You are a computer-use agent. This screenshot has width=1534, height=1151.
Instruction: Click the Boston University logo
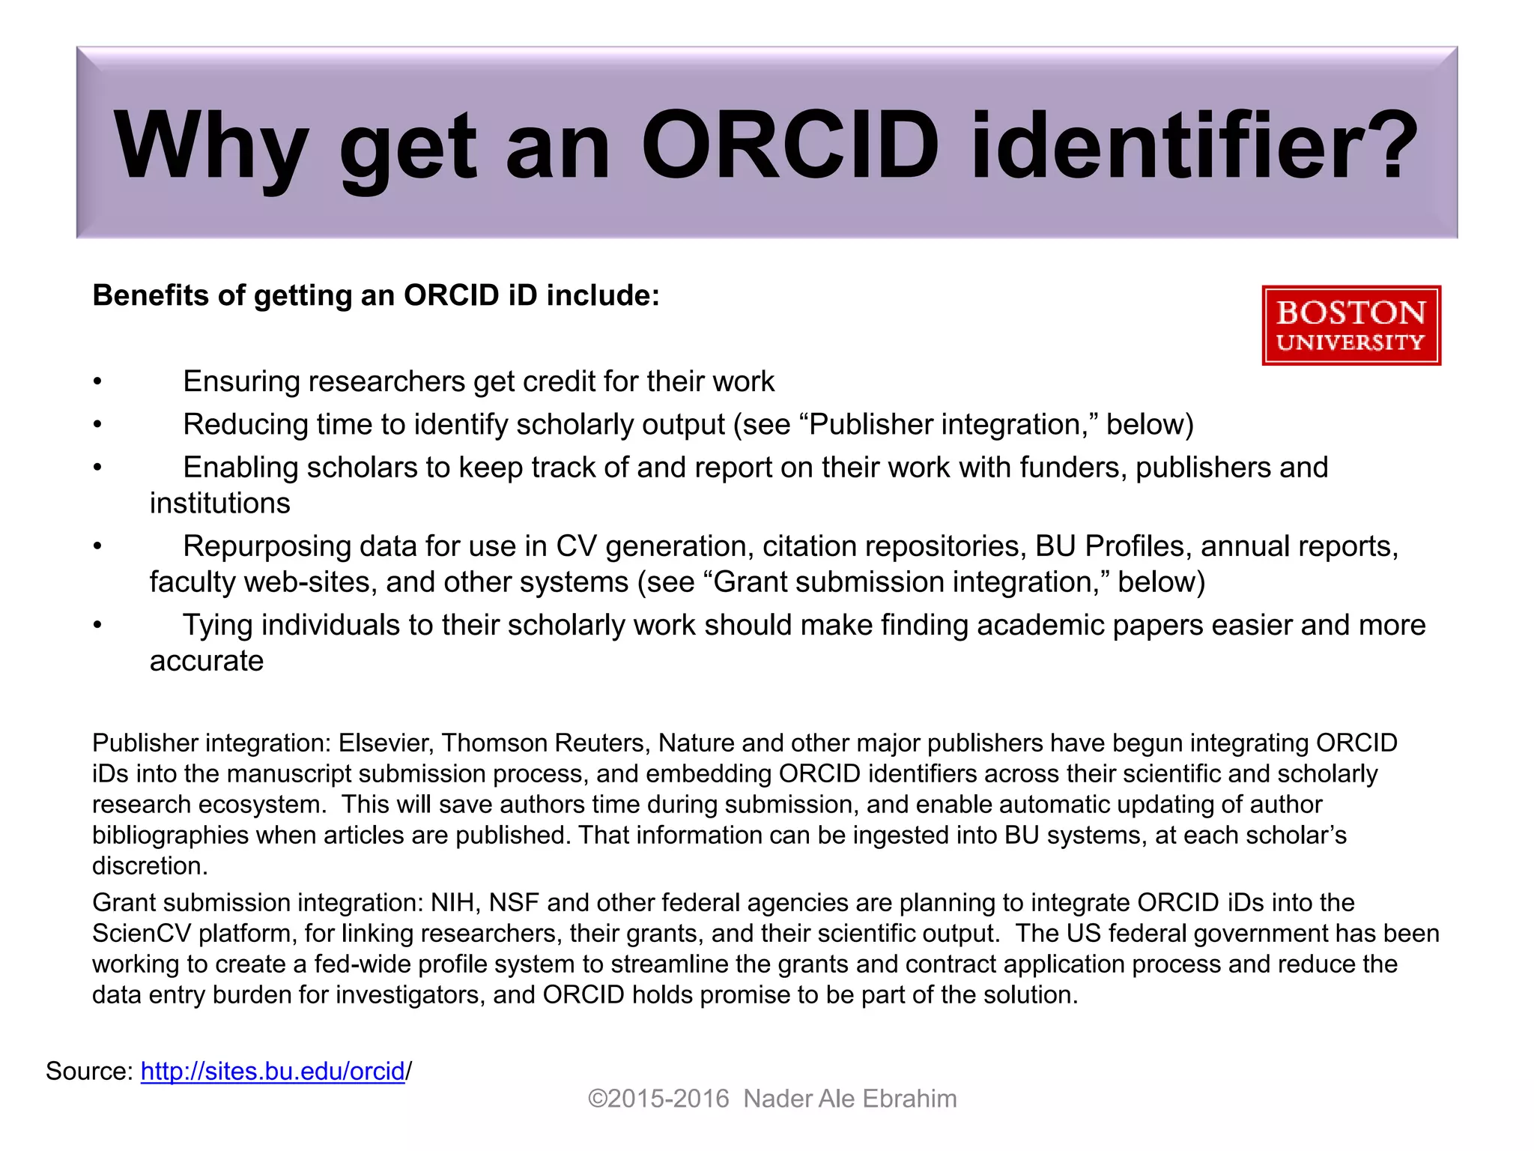point(1350,325)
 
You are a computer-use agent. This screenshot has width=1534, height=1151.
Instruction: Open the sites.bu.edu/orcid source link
point(273,1071)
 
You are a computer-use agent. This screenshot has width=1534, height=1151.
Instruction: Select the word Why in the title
point(210,146)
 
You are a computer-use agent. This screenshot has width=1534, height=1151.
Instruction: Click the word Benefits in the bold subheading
point(150,295)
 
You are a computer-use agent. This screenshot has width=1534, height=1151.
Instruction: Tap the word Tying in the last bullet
point(218,625)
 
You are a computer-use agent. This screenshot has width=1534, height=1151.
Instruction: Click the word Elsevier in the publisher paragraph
point(385,743)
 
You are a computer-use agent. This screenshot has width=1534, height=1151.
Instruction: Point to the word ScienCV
point(142,933)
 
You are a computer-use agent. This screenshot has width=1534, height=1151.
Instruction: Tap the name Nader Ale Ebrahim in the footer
point(850,1099)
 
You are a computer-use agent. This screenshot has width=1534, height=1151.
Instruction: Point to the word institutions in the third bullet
point(219,503)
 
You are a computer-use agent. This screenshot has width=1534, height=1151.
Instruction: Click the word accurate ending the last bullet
point(207,661)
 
